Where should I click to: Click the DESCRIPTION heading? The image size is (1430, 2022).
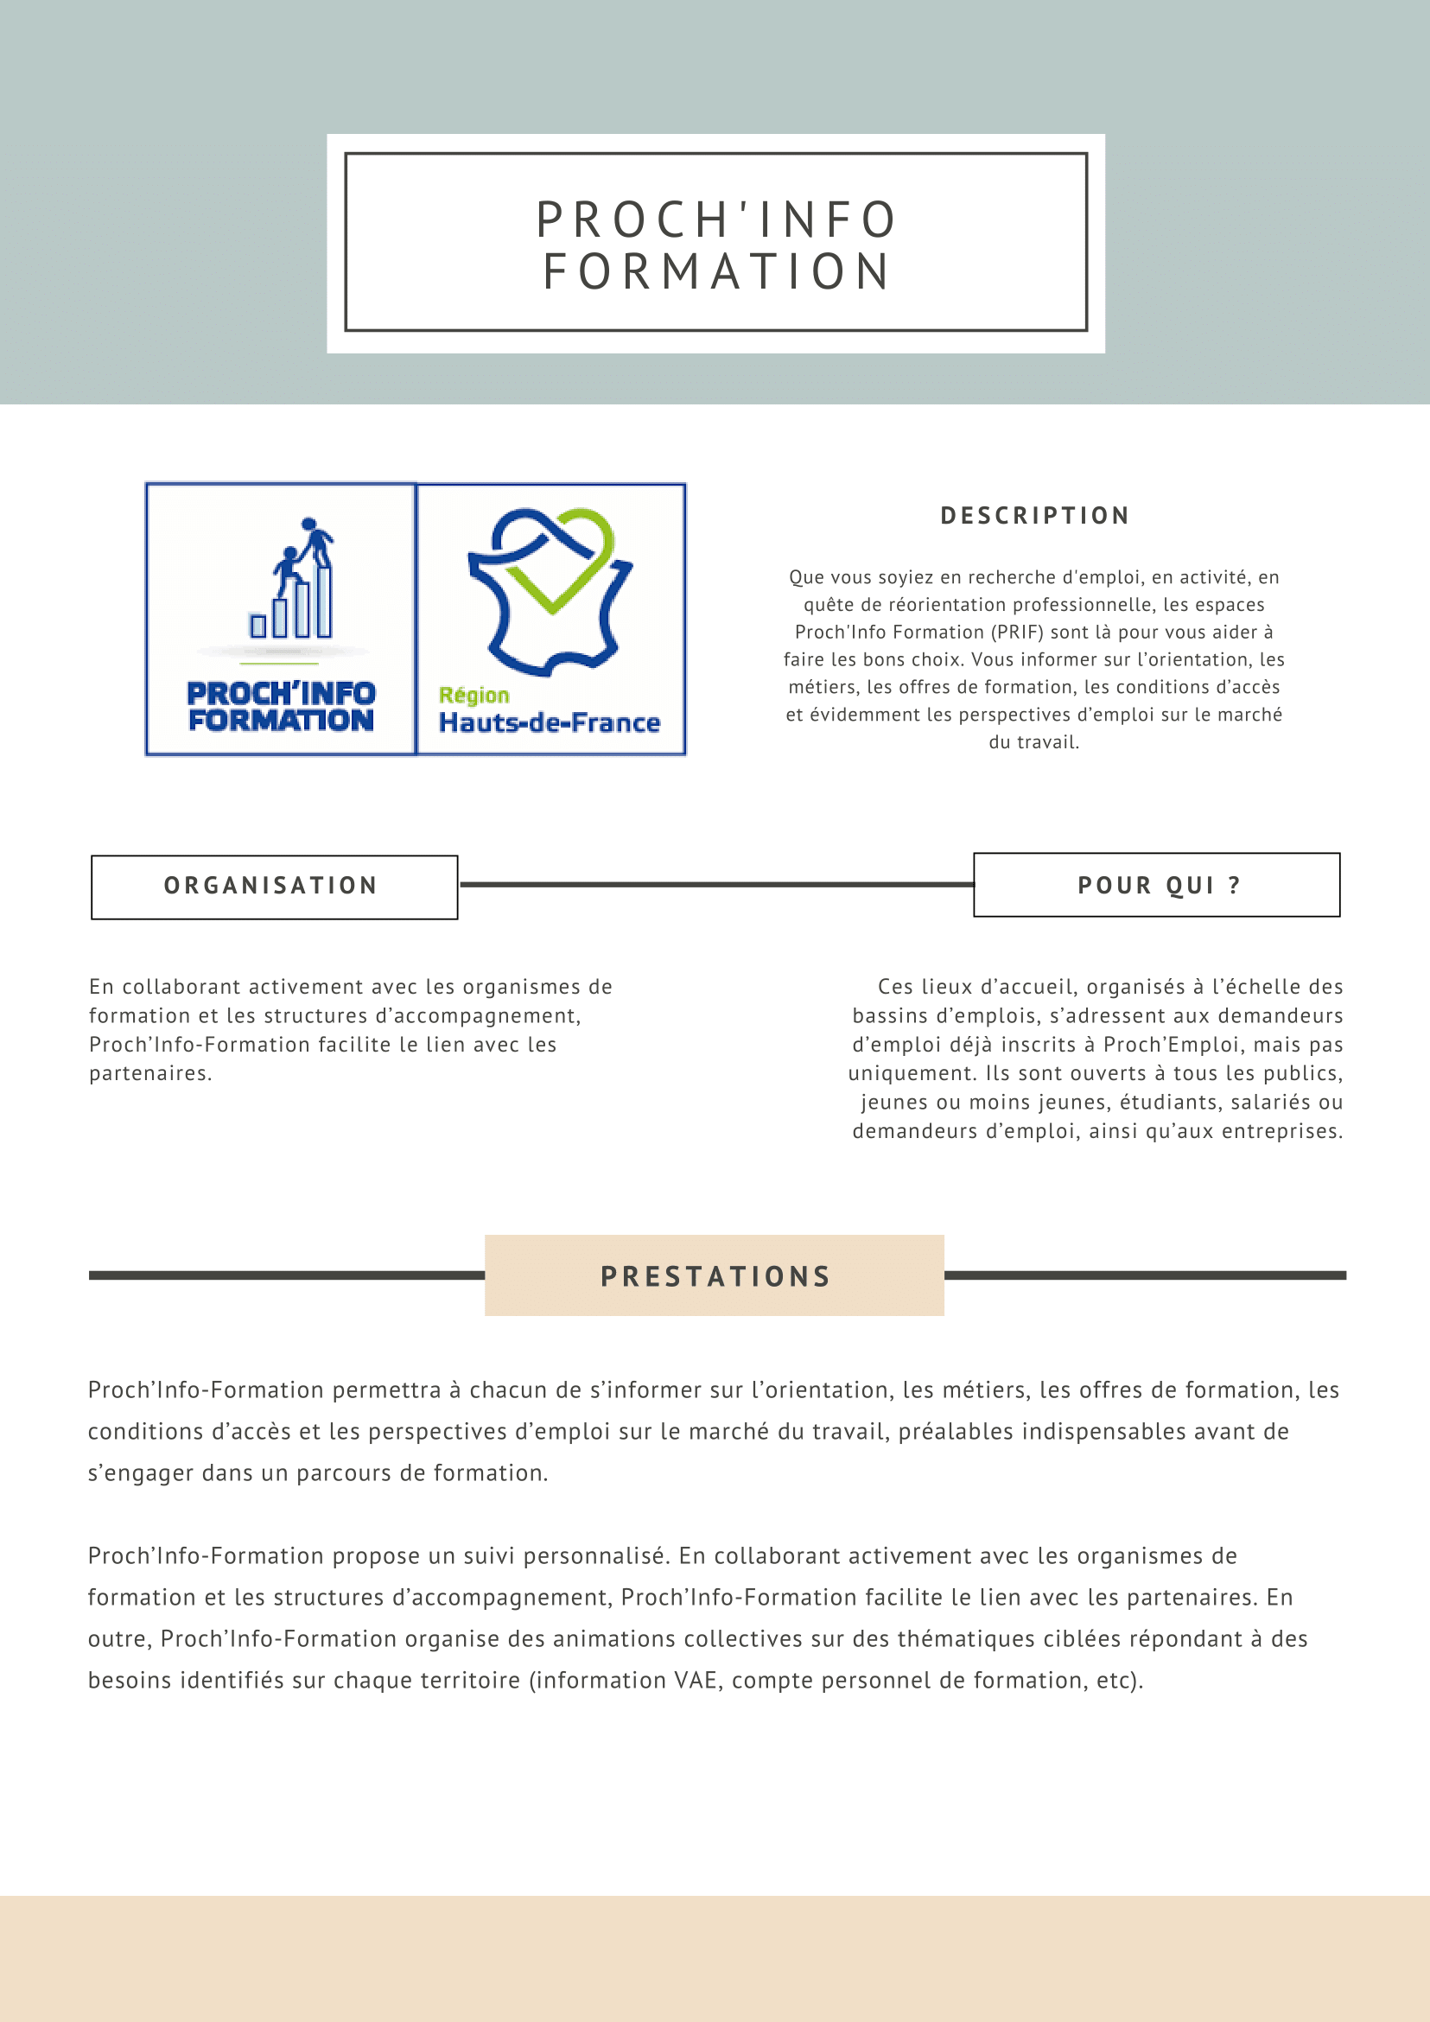1034,515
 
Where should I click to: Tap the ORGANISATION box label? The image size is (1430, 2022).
271,885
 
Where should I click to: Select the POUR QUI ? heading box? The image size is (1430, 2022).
1157,885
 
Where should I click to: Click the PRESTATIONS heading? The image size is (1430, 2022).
715,1276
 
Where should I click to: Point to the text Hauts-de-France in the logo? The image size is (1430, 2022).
550,723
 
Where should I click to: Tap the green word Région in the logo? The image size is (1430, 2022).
473,695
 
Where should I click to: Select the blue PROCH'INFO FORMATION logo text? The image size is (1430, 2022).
281,706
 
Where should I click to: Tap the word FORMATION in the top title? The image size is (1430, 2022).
716,271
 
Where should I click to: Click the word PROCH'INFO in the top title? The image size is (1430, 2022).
716,219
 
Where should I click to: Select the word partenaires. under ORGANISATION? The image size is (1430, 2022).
150,1073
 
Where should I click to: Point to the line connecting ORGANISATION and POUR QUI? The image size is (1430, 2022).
716,884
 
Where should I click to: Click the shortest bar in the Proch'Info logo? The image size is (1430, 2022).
258,626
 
